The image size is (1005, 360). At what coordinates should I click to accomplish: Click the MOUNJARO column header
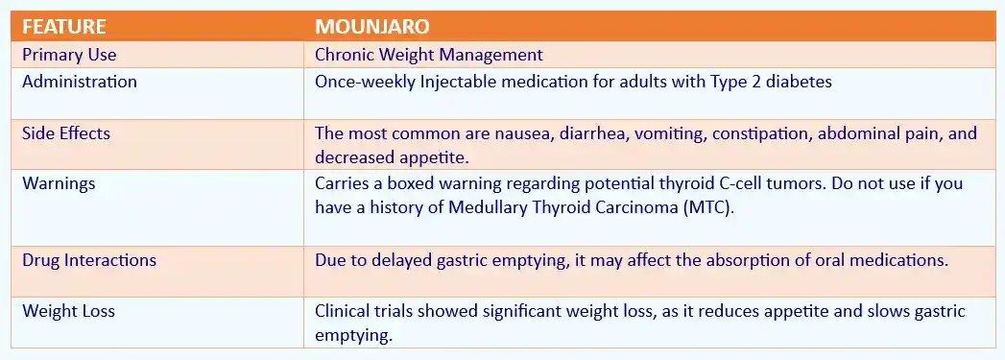click(368, 26)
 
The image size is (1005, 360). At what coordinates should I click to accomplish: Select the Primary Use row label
click(69, 55)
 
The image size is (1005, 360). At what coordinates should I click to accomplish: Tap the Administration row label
click(80, 82)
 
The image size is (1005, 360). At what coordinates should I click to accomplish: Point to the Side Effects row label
click(66, 133)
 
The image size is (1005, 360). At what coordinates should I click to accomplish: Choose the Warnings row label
click(58, 182)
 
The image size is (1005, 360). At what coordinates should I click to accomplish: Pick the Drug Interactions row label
click(89, 260)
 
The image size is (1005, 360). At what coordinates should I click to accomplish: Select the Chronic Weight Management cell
click(429, 55)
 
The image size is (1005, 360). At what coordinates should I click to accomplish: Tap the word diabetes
click(799, 82)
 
